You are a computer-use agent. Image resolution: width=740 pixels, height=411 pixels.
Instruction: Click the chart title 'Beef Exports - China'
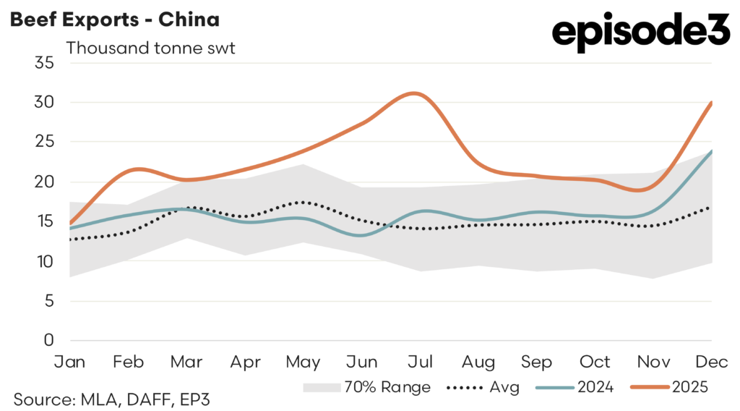(114, 20)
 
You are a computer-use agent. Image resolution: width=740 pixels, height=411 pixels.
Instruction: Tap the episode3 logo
(640, 32)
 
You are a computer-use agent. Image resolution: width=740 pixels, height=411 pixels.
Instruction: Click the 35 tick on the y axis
(45, 63)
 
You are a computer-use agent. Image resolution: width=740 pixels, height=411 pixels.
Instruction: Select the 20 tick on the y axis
(45, 182)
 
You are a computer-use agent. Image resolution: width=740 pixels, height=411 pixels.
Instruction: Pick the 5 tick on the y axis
(49, 300)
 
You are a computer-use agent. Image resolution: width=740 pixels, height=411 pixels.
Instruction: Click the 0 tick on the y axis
(49, 340)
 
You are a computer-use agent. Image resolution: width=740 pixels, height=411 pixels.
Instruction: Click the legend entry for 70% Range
(366, 387)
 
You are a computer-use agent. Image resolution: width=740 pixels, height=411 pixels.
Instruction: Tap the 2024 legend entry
(575, 387)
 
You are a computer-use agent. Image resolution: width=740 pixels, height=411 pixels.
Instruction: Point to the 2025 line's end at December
(712, 103)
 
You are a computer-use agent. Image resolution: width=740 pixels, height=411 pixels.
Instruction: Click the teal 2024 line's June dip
(361, 235)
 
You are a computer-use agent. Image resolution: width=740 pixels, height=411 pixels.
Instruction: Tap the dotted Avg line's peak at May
(302, 202)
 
